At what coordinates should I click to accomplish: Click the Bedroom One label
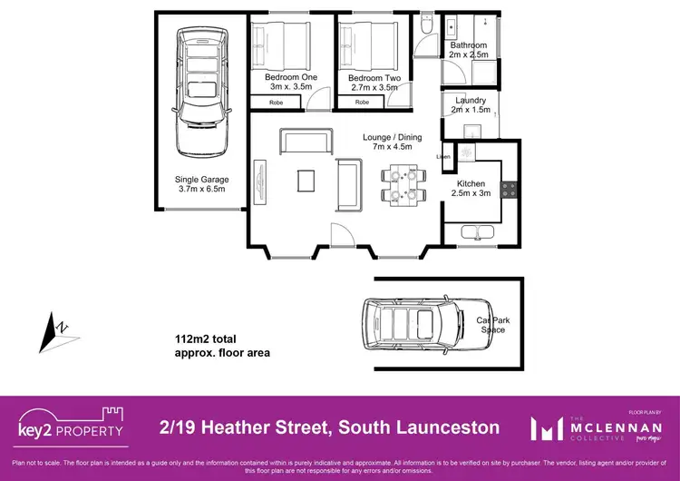pyautogui.click(x=290, y=77)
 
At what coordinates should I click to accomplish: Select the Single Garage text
pyautogui.click(x=201, y=180)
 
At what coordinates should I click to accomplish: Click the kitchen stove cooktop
pyautogui.click(x=510, y=191)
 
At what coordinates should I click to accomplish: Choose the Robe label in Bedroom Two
pyautogui.click(x=362, y=103)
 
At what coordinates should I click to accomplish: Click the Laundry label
pyautogui.click(x=471, y=100)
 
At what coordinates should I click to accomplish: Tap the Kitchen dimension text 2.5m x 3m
pyautogui.click(x=471, y=193)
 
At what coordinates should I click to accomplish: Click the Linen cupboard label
pyautogui.click(x=444, y=157)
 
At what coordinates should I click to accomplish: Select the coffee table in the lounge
pyautogui.click(x=306, y=180)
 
